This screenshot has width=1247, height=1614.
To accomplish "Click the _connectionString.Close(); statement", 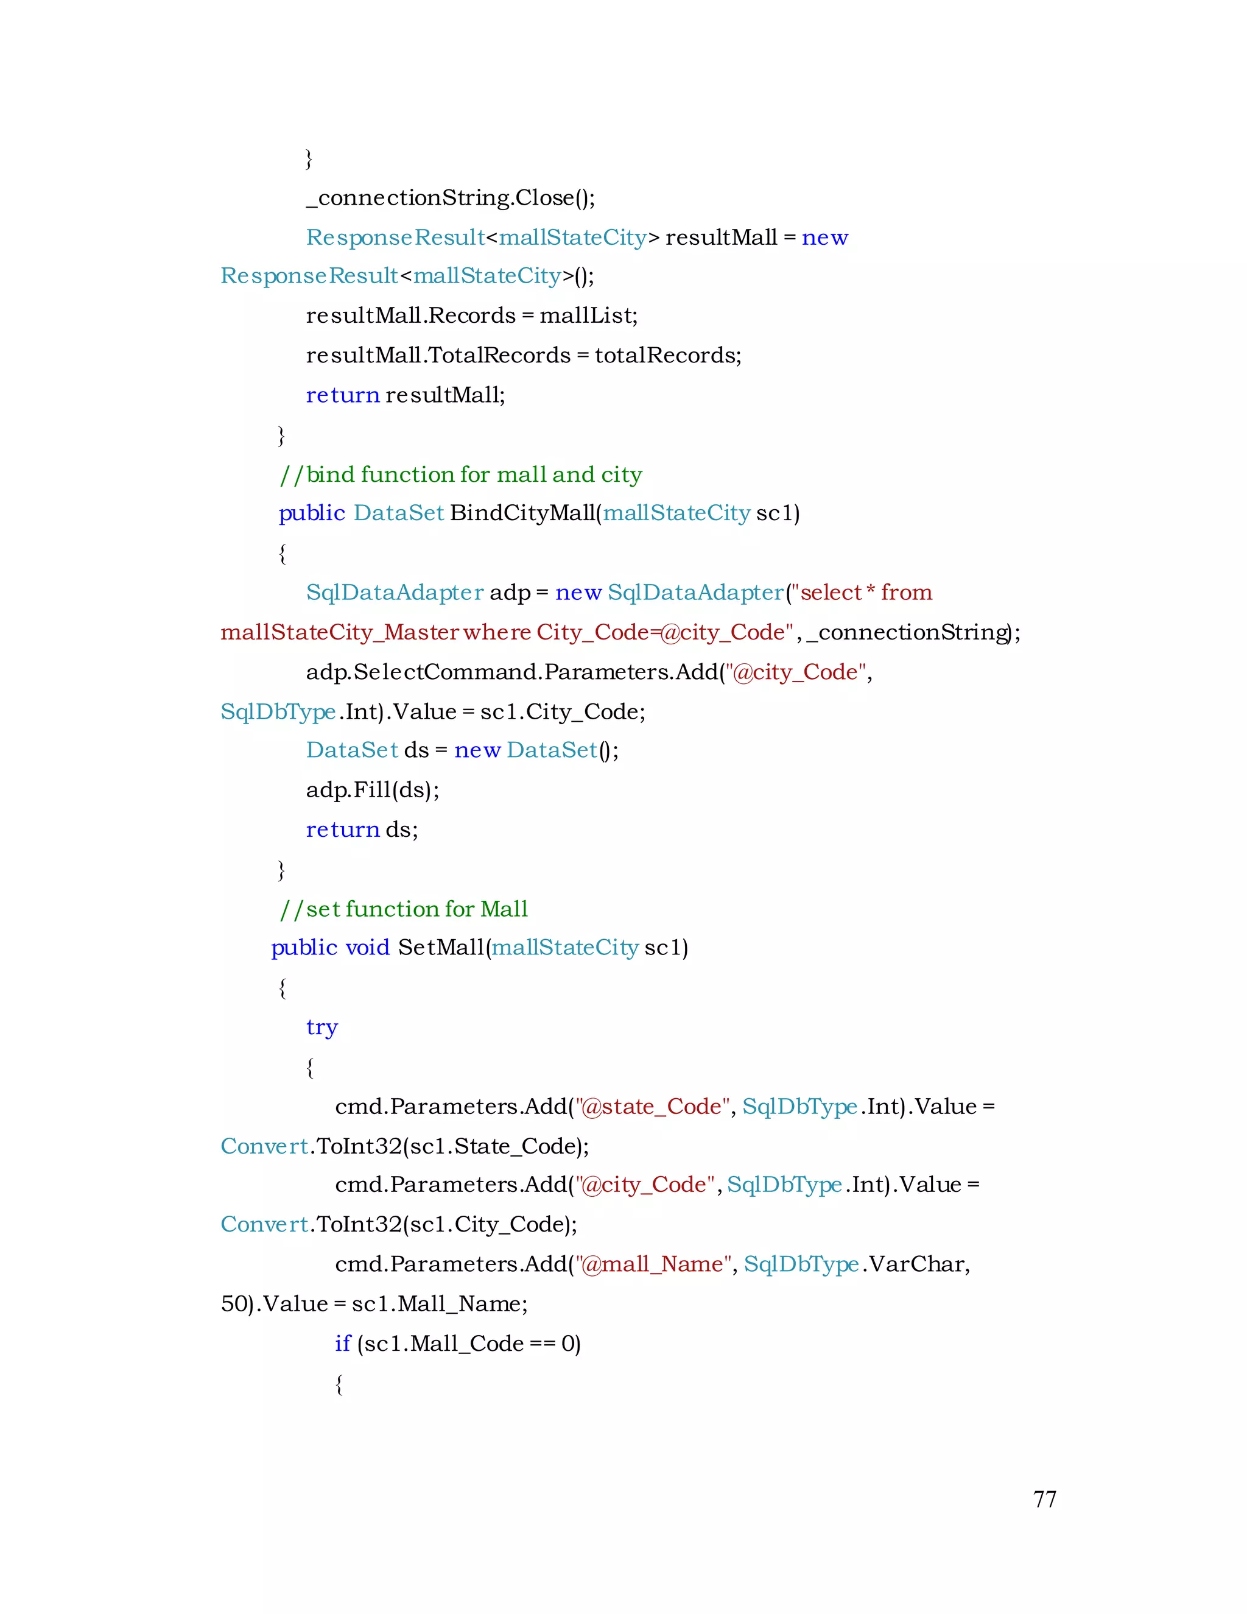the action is click(x=451, y=198).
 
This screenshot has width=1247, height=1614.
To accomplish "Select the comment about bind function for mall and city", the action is click(x=461, y=474).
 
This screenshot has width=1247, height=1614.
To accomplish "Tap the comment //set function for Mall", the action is click(x=403, y=909).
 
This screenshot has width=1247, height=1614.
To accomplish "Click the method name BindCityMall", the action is click(x=522, y=513).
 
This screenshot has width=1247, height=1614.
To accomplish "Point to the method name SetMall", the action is click(x=441, y=948).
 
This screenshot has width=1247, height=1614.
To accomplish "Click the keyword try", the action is click(x=321, y=1027).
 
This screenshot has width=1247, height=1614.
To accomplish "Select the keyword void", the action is click(x=367, y=948).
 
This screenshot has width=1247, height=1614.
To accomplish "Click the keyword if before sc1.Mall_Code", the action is click(x=342, y=1344).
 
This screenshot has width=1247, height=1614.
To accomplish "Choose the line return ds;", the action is click(x=362, y=830).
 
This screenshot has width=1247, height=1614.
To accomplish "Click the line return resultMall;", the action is click(x=406, y=395).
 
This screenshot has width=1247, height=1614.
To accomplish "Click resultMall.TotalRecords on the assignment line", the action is click(x=438, y=356).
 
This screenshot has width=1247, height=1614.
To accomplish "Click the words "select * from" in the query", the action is click(x=866, y=593).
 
